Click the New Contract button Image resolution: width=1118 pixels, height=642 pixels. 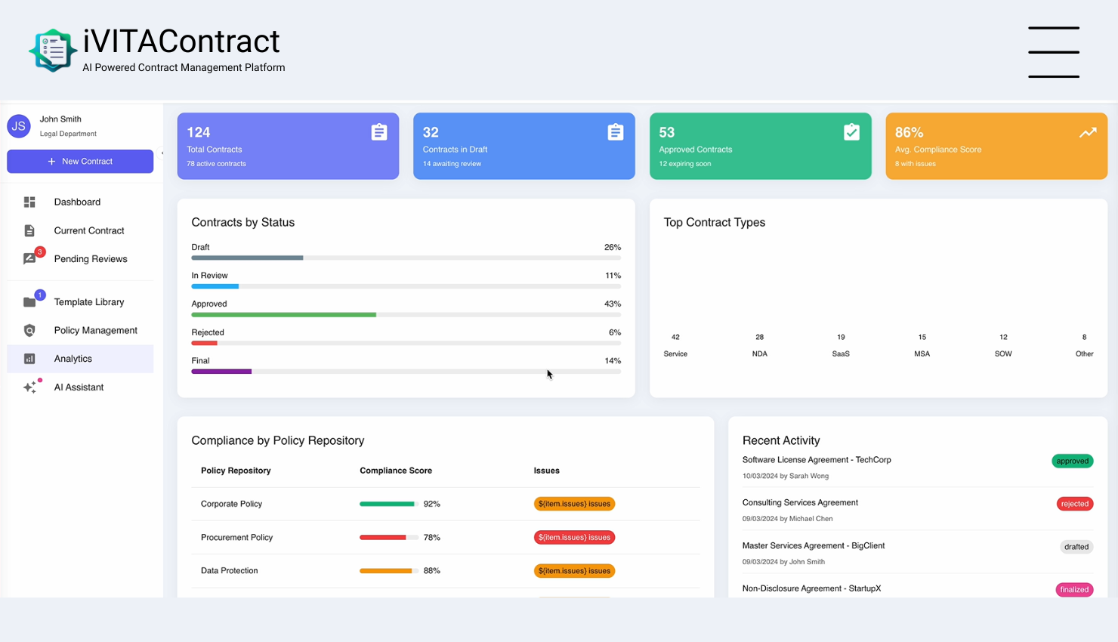coord(80,162)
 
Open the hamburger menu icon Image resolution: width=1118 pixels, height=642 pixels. coord(1053,52)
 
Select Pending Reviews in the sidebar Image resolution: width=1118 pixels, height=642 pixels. coord(90,259)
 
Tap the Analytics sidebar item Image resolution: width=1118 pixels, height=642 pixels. coord(73,359)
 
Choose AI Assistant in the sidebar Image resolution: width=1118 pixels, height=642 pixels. coord(79,387)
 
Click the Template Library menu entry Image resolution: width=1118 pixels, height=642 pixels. coord(88,302)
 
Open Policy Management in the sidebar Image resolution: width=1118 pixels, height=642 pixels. coord(95,331)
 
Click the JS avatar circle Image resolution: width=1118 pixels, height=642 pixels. coord(19,126)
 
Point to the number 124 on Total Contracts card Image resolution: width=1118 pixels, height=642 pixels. coord(199,132)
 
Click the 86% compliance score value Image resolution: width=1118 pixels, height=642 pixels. coord(909,132)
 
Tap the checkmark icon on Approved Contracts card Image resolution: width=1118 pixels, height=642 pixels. coord(851,132)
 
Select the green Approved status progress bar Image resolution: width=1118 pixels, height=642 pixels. coord(283,315)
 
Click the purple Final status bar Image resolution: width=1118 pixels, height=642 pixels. coord(221,372)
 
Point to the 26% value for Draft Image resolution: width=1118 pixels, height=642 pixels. coord(612,248)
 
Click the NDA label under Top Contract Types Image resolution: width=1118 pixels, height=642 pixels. coord(759,353)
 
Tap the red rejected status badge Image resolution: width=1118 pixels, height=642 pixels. coord(1074,504)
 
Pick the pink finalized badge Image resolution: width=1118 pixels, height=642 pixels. coord(1074,590)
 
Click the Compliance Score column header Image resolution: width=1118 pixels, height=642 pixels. coord(396,471)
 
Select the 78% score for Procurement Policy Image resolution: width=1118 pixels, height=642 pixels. coord(431,538)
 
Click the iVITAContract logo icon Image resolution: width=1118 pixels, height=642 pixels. coord(53,51)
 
